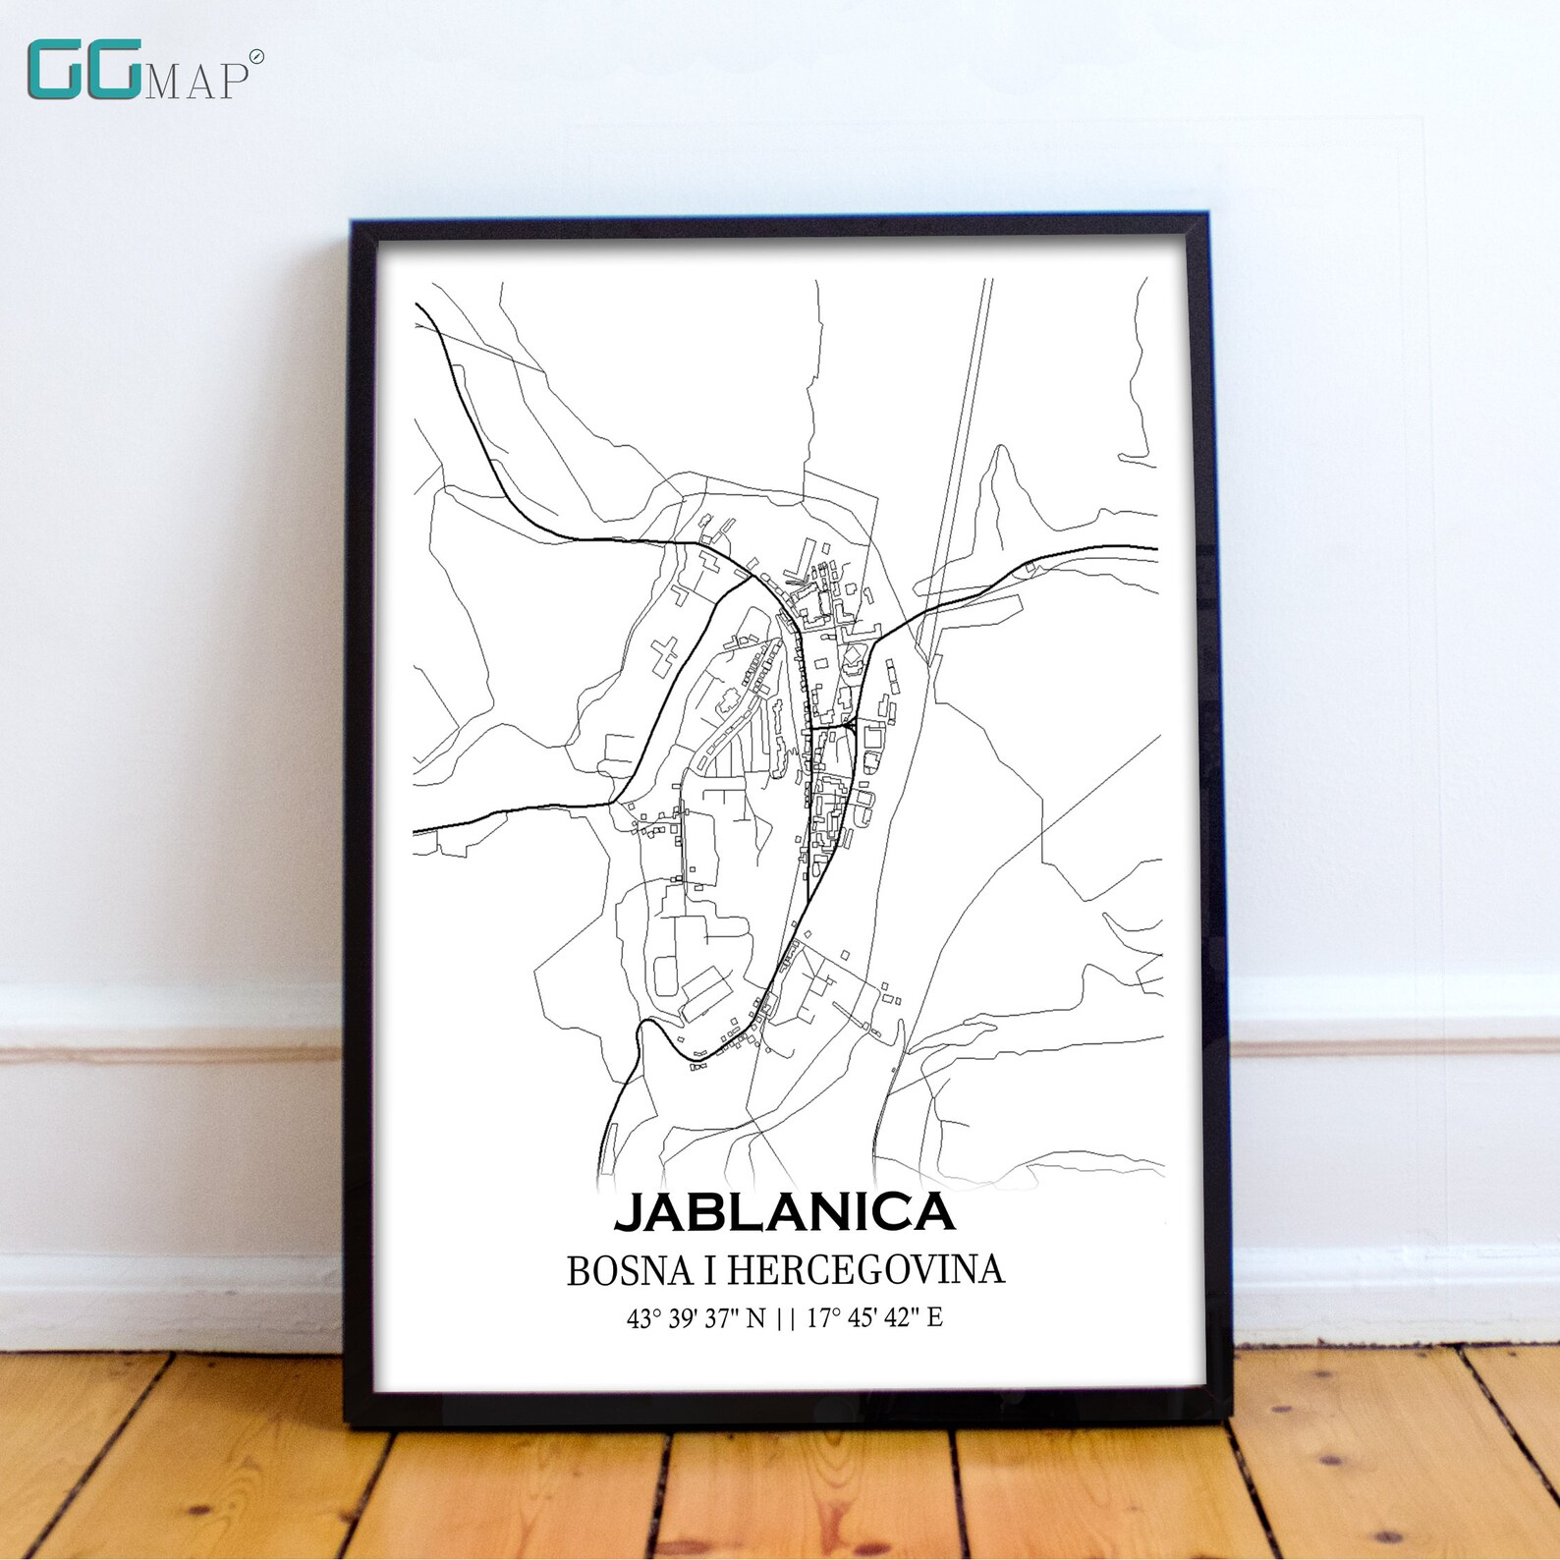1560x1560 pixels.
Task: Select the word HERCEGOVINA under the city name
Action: [865, 1270]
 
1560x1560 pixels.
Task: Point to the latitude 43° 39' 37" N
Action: [696, 1318]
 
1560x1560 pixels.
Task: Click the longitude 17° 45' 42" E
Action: [874, 1318]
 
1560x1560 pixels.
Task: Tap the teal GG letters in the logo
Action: [83, 71]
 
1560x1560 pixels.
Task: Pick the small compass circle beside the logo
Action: [256, 57]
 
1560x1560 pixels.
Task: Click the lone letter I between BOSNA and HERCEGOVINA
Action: [708, 1270]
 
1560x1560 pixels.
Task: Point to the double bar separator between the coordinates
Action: [786, 1318]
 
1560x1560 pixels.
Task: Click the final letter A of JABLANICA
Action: [936, 1212]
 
